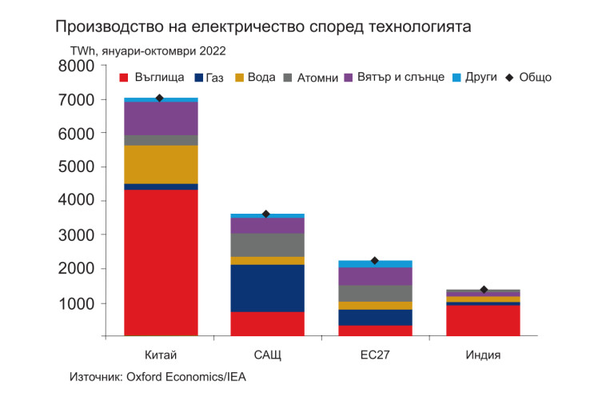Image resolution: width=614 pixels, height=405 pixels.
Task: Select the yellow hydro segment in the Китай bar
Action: (161, 164)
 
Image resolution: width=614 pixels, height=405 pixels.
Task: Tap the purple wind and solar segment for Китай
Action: (161, 118)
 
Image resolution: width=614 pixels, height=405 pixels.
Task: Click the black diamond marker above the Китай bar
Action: (160, 98)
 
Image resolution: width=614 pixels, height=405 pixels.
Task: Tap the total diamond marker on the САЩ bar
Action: (266, 215)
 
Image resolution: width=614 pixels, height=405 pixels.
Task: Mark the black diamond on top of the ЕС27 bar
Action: (374, 261)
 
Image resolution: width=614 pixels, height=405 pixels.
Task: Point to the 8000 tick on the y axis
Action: (77, 66)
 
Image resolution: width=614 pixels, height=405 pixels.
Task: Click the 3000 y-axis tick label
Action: (77, 235)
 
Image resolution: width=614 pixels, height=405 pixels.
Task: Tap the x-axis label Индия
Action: (483, 355)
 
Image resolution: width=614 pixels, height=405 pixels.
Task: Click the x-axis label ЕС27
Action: (374, 355)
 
